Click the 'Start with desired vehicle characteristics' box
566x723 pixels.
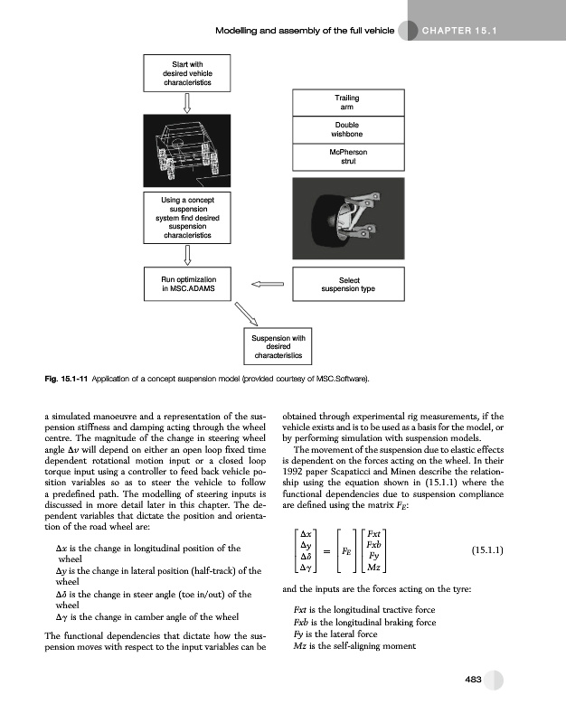click(x=187, y=71)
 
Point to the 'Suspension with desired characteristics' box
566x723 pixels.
click(x=278, y=350)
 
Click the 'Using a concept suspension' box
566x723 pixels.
click(x=187, y=217)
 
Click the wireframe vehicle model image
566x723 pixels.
click(x=187, y=148)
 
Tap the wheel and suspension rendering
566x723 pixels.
click(x=348, y=218)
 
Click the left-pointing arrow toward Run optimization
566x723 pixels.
click(x=267, y=285)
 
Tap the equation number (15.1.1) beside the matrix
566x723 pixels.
click(x=487, y=550)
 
